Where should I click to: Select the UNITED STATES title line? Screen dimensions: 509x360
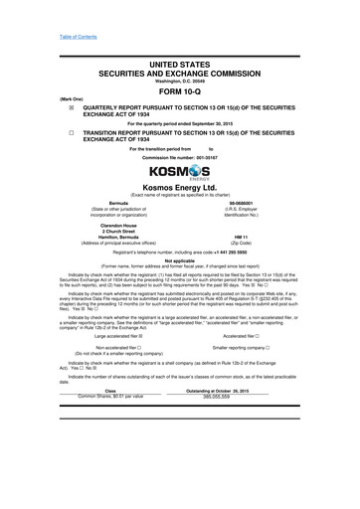click(x=180, y=63)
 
